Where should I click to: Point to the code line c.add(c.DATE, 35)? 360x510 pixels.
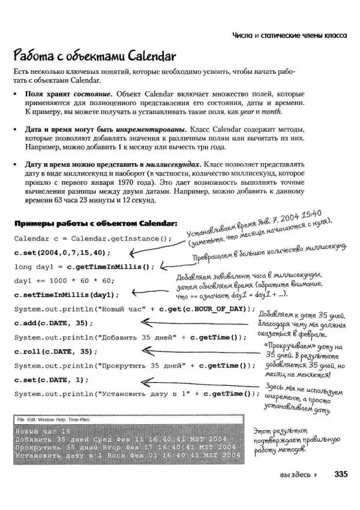(53, 323)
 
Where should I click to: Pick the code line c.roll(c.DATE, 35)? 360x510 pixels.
(55, 351)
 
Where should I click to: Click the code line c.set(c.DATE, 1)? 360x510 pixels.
(51, 379)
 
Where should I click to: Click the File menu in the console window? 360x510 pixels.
(21, 419)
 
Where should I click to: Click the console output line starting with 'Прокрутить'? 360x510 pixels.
(125, 447)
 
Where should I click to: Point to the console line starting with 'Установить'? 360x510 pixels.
(125, 455)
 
